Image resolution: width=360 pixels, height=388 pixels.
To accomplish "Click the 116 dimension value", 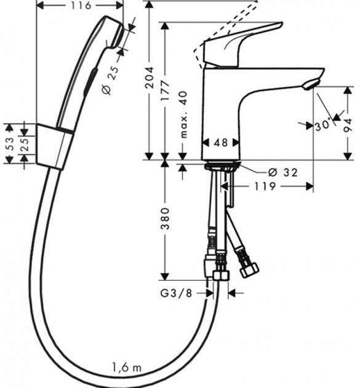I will pyautogui.click(x=81, y=6).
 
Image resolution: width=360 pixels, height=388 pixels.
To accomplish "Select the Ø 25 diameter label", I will pyautogui.click(x=113, y=79).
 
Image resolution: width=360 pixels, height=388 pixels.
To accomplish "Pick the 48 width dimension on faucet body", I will pyautogui.click(x=220, y=142).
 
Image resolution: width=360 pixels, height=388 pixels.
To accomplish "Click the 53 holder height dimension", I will pyautogui.click(x=8, y=144).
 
